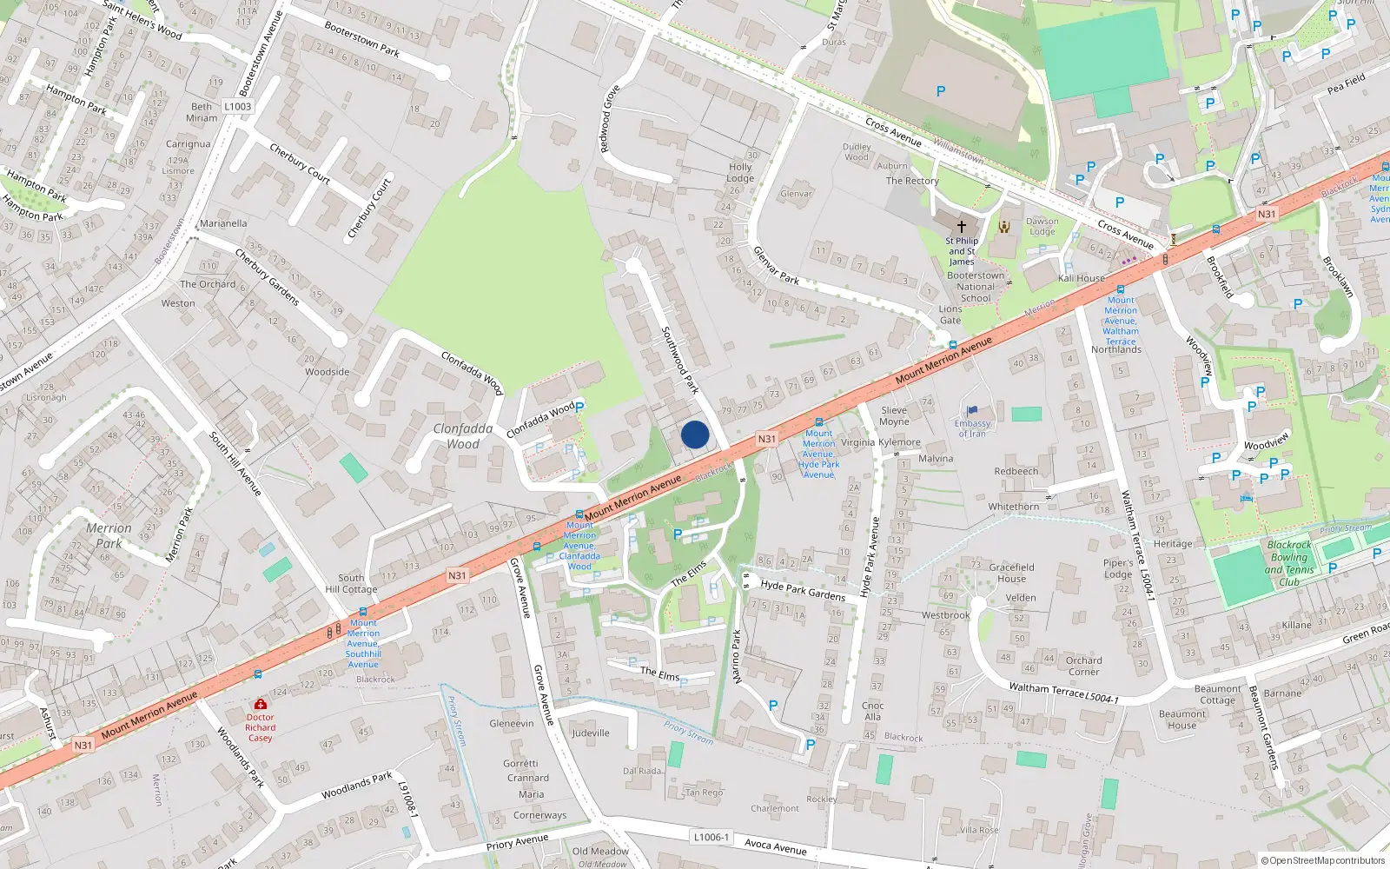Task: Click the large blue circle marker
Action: [x=695, y=434]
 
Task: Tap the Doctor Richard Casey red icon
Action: [x=260, y=705]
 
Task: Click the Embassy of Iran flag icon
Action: [x=972, y=411]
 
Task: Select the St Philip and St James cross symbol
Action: [x=962, y=226]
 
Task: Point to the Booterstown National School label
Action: [x=976, y=287]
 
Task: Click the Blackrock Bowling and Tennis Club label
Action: [x=1289, y=563]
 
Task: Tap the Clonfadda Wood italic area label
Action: [x=463, y=436]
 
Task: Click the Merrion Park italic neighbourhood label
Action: [x=109, y=535]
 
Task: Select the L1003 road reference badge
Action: [x=237, y=107]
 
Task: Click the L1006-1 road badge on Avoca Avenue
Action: [x=712, y=837]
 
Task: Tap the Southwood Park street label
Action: [x=680, y=360]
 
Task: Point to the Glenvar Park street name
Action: [x=776, y=265]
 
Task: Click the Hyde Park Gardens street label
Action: [x=803, y=590]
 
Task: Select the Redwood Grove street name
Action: [x=610, y=119]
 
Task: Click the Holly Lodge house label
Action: [x=740, y=172]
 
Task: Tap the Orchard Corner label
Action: [x=1083, y=666]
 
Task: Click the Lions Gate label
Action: [x=950, y=315]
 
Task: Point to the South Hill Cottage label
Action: [x=351, y=583]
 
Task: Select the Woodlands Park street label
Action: [x=356, y=786]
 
